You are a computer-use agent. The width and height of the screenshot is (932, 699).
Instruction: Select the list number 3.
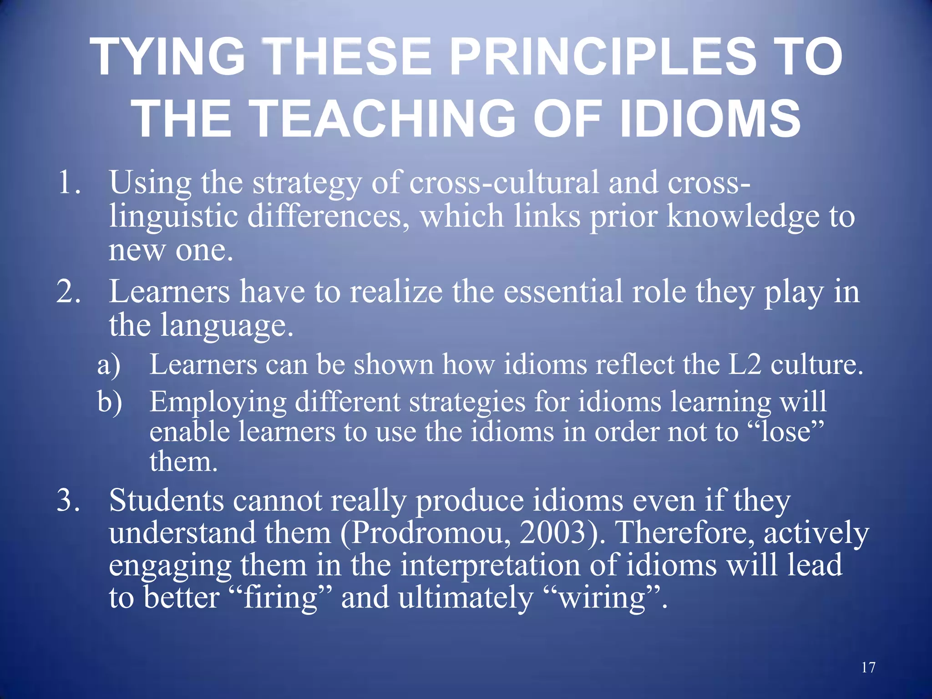tap(68, 501)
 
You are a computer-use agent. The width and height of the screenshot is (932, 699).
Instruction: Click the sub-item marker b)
tap(110, 402)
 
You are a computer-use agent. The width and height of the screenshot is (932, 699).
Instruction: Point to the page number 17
tap(868, 668)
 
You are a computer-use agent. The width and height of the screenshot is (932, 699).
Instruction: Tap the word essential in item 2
tap(562, 292)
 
